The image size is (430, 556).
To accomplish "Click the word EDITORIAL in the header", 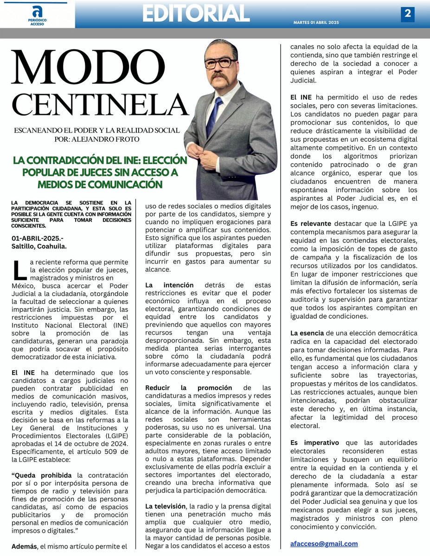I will pyautogui.click(x=196, y=14).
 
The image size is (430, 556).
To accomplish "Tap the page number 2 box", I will pyautogui.click(x=407, y=14).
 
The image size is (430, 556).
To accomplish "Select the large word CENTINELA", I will pyautogui.click(x=99, y=104).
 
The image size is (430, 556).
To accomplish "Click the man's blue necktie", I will pyautogui.click(x=214, y=116).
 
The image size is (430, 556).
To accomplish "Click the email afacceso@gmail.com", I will pyautogui.click(x=324, y=543).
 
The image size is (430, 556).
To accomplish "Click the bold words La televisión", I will pyautogui.click(x=167, y=506).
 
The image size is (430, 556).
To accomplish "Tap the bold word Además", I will pyautogui.click(x=27, y=546).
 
